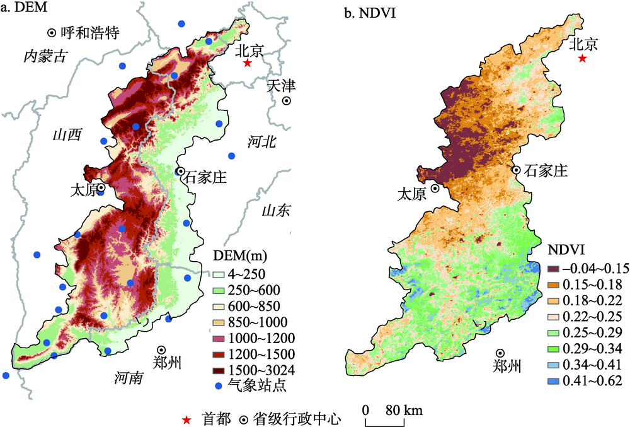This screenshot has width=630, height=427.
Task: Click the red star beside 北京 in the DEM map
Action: click(247, 63)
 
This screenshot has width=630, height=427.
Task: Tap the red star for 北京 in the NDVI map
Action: click(583, 58)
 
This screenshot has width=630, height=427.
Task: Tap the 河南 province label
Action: click(129, 378)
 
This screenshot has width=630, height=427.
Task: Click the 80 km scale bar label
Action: click(404, 410)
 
